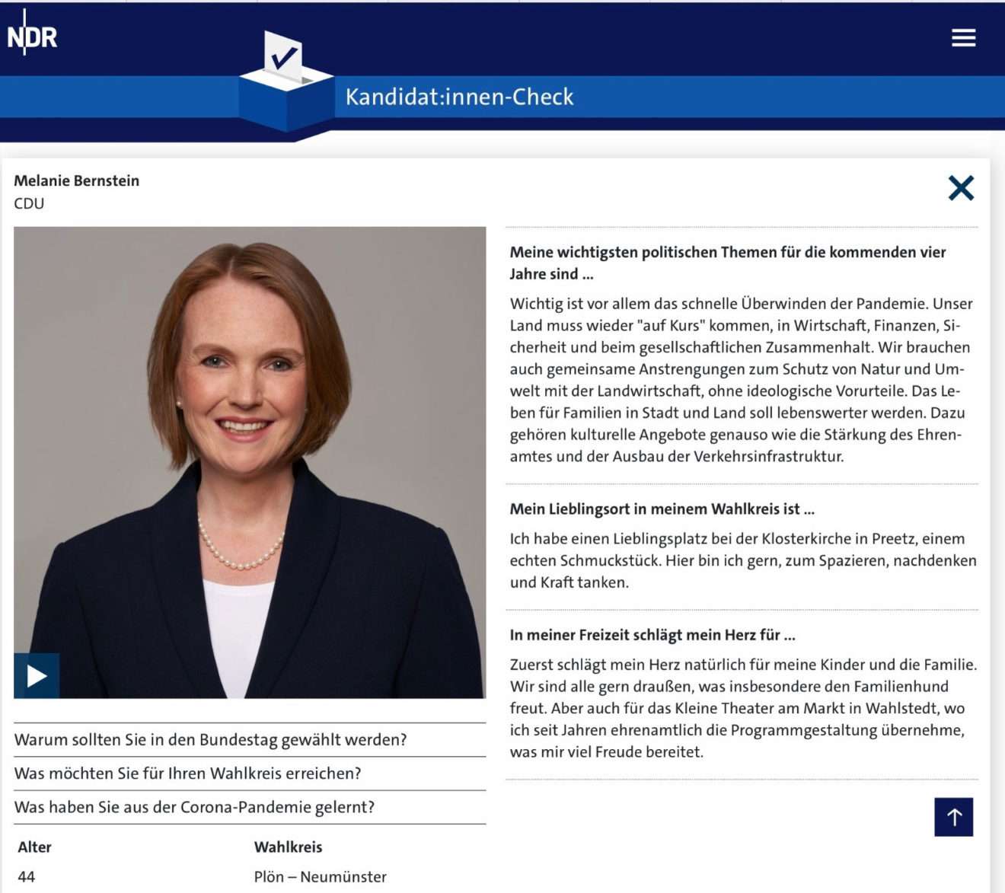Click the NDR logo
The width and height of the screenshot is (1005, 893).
pyautogui.click(x=32, y=36)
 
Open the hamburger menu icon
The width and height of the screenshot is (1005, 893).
pyautogui.click(x=963, y=37)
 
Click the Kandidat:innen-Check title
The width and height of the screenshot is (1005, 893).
pyautogui.click(x=459, y=97)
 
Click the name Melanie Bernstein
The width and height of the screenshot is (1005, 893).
pyautogui.click(x=76, y=180)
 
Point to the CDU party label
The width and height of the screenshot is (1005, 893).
pyautogui.click(x=29, y=203)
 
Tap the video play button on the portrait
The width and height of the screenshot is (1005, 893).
pyautogui.click(x=37, y=675)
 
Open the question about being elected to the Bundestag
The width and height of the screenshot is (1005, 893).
pyautogui.click(x=210, y=740)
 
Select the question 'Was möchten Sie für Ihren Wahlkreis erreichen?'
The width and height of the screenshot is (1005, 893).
pyautogui.click(x=187, y=773)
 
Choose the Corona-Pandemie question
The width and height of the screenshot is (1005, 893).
pyautogui.click(x=194, y=807)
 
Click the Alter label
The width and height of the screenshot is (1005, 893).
pyautogui.click(x=34, y=847)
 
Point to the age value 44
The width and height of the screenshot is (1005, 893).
pyautogui.click(x=26, y=876)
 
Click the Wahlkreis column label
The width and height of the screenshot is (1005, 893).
pyautogui.click(x=288, y=847)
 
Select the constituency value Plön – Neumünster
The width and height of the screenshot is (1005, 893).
pyautogui.click(x=320, y=876)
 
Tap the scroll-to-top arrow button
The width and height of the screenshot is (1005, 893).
pyautogui.click(x=953, y=817)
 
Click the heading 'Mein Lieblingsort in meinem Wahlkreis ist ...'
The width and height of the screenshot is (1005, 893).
pyautogui.click(x=662, y=509)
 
